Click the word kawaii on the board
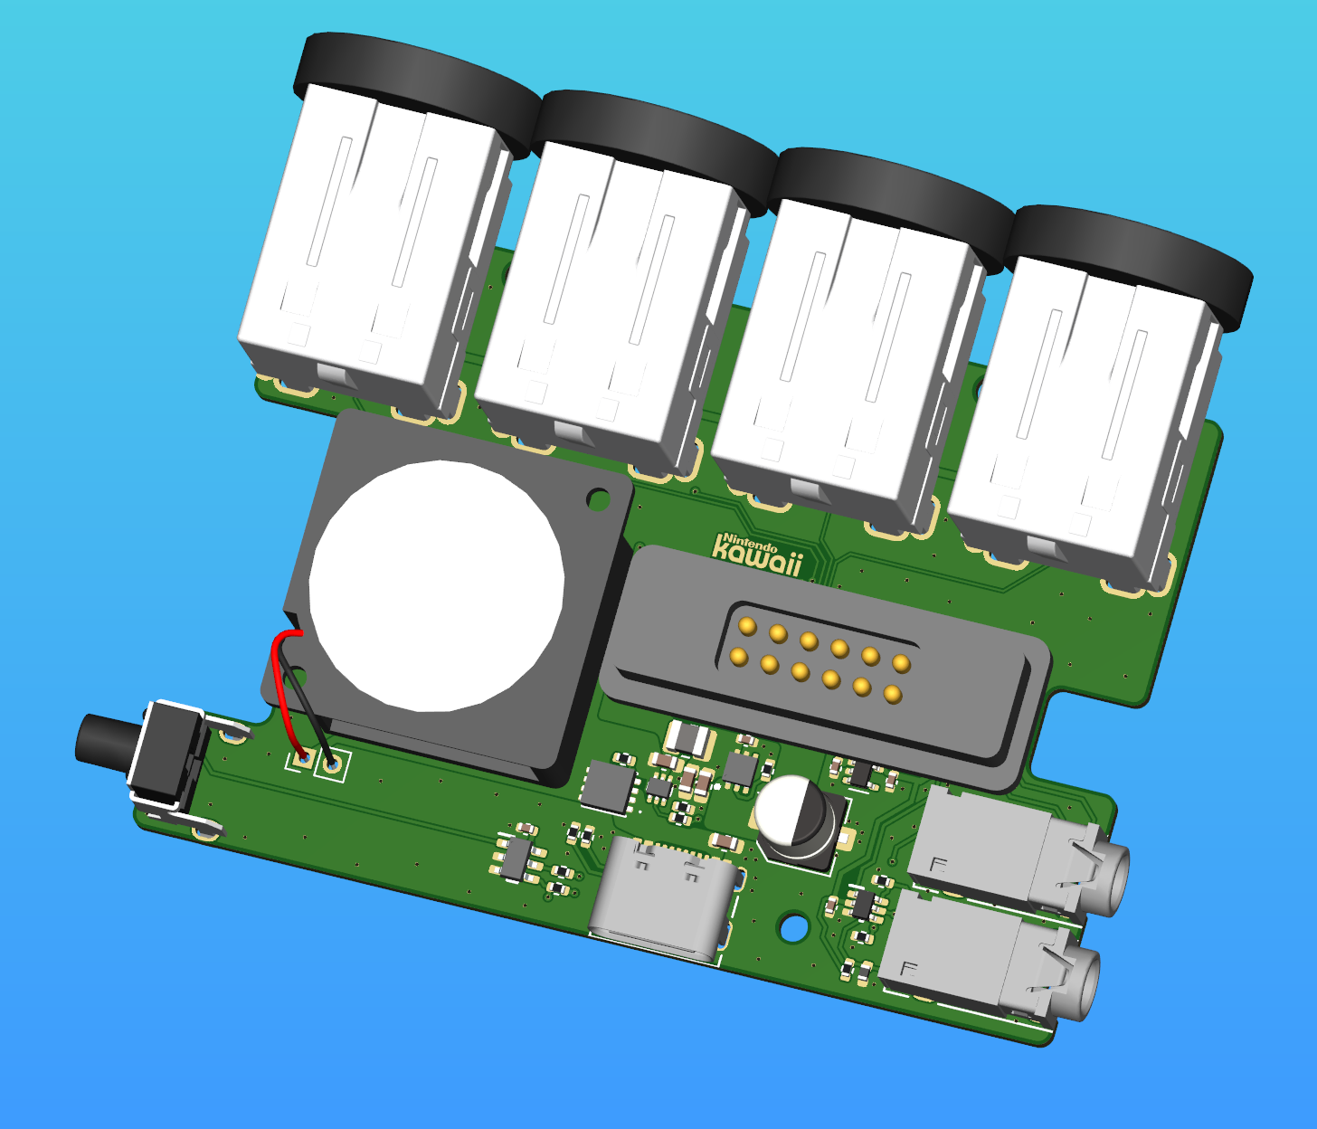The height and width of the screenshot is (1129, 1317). click(756, 557)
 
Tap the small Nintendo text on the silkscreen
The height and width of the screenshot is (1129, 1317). click(751, 542)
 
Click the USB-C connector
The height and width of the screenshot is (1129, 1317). click(665, 899)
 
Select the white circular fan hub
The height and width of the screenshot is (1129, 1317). click(437, 586)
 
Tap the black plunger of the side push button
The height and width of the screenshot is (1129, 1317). click(105, 739)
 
